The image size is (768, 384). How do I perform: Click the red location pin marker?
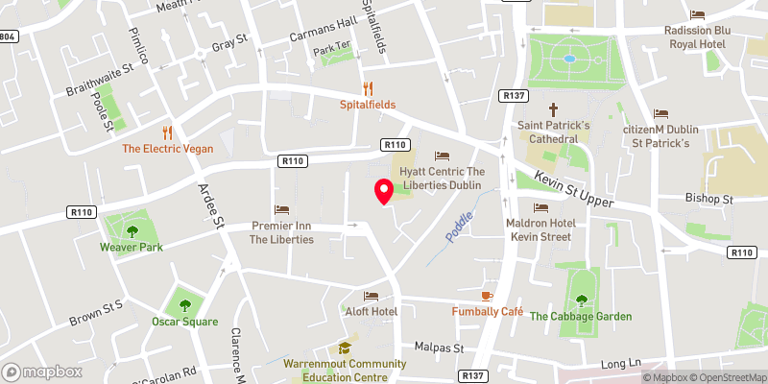click(383, 191)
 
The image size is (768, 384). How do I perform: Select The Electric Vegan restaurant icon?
click(168, 132)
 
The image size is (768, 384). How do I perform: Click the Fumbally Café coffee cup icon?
click(487, 295)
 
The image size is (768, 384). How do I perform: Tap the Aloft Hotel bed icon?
click(371, 296)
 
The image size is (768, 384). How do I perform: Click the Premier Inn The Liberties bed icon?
click(281, 209)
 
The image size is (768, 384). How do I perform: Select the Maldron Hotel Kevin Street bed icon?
click(540, 207)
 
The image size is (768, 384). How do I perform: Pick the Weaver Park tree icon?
click(132, 230)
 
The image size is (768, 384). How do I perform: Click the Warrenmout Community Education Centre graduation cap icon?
click(343, 348)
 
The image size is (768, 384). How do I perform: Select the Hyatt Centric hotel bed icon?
click(442, 155)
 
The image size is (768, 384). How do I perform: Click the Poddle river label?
click(460, 227)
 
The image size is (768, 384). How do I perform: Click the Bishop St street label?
click(709, 200)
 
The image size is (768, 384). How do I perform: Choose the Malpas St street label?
click(439, 347)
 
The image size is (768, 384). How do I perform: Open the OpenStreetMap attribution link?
click(726, 376)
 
